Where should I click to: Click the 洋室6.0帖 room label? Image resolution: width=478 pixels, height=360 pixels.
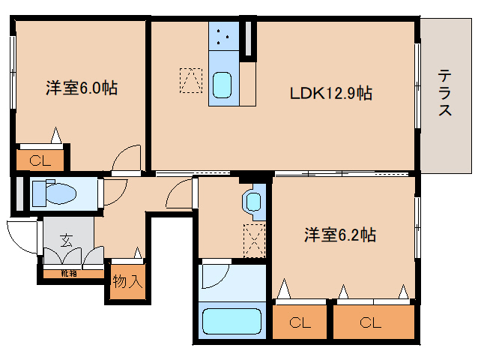(82, 88)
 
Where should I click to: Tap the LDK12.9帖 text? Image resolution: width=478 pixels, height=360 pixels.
(331, 94)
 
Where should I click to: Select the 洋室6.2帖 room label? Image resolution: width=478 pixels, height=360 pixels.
(339, 235)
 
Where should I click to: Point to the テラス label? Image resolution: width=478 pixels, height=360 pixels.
(445, 93)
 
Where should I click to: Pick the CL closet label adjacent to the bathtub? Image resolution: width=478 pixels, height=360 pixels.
(300, 323)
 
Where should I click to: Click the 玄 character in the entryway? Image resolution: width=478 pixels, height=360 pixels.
(66, 241)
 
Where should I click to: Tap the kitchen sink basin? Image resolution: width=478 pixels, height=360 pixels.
(223, 85)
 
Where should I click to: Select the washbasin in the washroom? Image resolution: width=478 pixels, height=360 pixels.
(252, 201)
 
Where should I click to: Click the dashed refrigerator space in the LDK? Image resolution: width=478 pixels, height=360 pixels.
(190, 80)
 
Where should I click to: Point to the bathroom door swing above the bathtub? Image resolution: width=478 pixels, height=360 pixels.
(214, 275)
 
